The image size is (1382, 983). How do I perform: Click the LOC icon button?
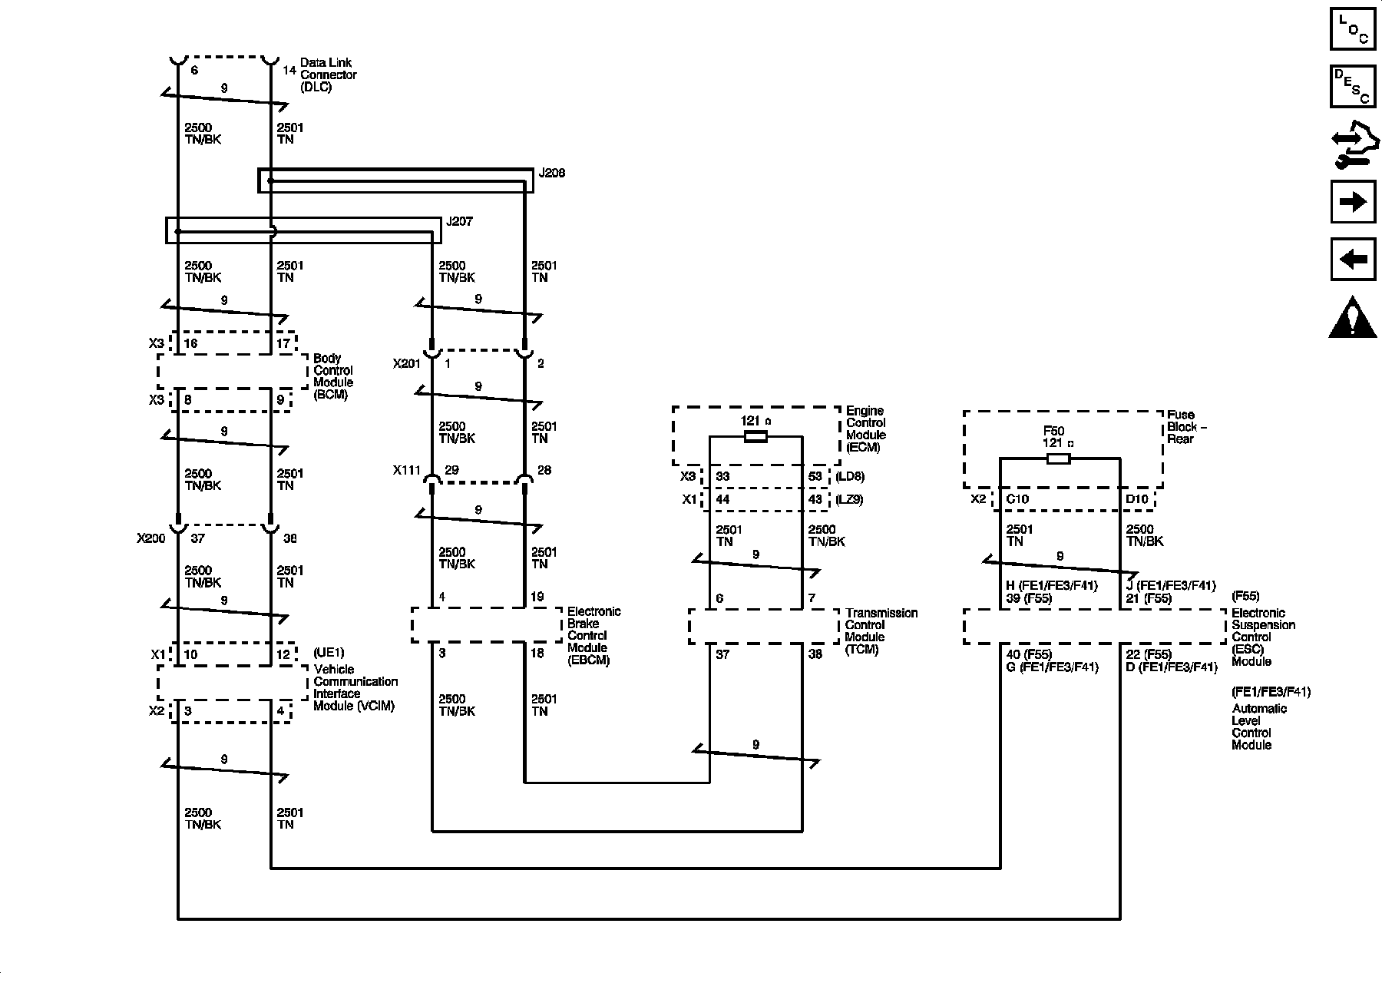point(1352,28)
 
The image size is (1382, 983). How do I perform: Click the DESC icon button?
point(1352,86)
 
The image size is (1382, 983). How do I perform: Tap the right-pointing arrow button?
point(1352,202)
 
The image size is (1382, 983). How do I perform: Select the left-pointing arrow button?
point(1352,260)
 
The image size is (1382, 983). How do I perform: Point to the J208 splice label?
point(551,174)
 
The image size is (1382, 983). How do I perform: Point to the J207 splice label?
point(459,222)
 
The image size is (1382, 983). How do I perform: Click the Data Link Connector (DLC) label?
point(328,75)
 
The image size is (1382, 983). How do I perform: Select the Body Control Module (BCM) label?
point(333,376)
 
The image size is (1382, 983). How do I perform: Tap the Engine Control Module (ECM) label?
point(865,429)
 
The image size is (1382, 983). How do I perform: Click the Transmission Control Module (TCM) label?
point(881,631)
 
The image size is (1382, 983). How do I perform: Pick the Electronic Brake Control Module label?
point(593,636)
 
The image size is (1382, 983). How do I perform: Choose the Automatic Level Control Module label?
point(1259,726)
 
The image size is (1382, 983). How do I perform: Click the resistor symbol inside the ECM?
point(755,437)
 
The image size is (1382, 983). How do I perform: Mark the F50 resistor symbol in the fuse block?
point(1059,458)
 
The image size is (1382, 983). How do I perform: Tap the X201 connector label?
point(407,364)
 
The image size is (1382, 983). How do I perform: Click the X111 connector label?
point(407,471)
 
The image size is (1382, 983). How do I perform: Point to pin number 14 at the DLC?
point(289,71)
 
